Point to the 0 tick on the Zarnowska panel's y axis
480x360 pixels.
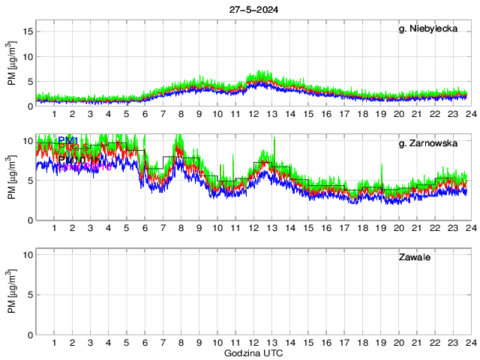[28, 220]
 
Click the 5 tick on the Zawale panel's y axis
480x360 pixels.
[28, 295]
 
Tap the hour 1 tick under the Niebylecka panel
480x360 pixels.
[54, 114]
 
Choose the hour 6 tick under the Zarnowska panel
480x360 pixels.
[144, 228]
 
